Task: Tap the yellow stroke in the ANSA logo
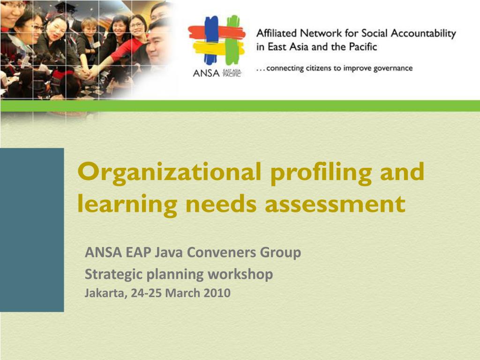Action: (218, 48)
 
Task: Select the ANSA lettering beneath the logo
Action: (206, 73)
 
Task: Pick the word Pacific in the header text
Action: (362, 47)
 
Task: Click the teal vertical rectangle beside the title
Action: (32, 230)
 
